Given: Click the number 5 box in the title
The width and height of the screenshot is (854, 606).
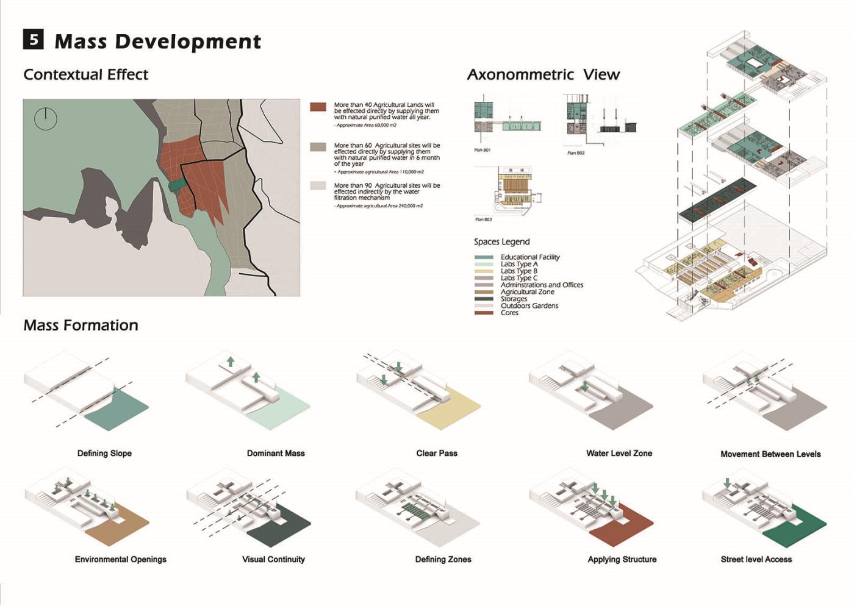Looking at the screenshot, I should (x=34, y=40).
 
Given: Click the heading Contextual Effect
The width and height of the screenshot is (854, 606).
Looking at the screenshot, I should (x=85, y=75).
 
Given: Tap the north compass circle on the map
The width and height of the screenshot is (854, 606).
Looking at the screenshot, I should (x=45, y=119).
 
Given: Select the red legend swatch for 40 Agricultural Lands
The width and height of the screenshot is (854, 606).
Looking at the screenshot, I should (x=318, y=107).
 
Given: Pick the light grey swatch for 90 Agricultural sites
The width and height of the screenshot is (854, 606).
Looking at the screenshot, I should (x=318, y=185).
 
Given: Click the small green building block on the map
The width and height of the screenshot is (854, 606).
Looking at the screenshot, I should (x=177, y=184).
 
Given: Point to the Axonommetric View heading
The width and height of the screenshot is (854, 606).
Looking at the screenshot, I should (x=543, y=75).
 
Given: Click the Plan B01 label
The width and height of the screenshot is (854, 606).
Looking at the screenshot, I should (x=482, y=150).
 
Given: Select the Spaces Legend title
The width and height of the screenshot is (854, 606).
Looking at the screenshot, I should (x=501, y=242).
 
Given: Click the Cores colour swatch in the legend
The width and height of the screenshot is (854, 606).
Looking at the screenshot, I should (x=484, y=313).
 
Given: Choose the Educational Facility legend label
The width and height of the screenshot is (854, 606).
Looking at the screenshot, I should (x=530, y=257).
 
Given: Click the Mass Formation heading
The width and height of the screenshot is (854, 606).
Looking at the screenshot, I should (x=81, y=326).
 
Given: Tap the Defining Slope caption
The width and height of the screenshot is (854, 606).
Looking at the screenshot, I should (x=104, y=454).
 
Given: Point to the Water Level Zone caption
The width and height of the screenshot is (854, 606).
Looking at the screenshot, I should (x=619, y=454).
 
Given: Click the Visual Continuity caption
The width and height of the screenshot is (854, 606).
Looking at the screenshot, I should (x=273, y=560).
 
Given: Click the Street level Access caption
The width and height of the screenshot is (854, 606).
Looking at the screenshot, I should (x=756, y=560).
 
